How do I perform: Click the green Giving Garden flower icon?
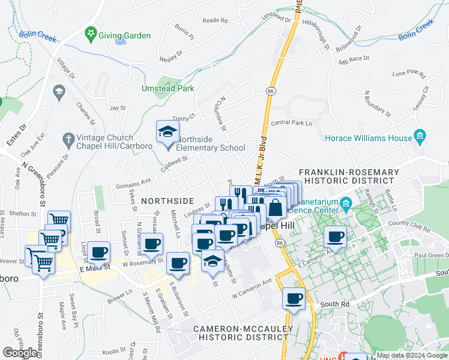91,32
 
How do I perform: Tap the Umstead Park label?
167,88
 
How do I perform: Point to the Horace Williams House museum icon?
420,136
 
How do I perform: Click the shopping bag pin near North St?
276,208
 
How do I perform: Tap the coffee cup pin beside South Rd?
294,298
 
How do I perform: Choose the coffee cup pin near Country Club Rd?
336,236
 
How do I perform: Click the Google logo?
20,353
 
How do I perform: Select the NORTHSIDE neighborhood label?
167,200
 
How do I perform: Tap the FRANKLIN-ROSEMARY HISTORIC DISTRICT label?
351,176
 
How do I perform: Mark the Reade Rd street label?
215,20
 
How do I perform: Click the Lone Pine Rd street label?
408,75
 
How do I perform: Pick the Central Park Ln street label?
292,124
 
